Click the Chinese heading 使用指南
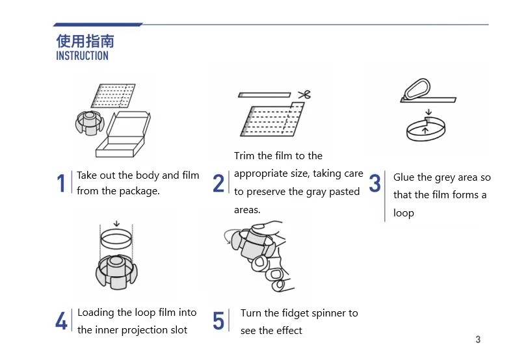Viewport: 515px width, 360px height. click(85, 42)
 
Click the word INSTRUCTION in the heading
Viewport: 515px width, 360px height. click(82, 56)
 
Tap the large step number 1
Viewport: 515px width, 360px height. click(60, 183)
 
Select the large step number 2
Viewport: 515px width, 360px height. click(218, 183)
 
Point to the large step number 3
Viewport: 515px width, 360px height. click(375, 183)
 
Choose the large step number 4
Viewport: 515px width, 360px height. click(61, 320)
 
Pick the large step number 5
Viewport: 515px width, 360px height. click(218, 320)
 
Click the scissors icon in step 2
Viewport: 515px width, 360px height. click(304, 95)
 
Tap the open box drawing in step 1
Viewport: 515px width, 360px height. click(123, 135)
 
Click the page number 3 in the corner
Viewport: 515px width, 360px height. click(478, 339)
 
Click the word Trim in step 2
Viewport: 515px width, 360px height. click(244, 155)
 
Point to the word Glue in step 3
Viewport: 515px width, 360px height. click(404, 177)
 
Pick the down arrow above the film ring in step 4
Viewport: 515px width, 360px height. click(116, 224)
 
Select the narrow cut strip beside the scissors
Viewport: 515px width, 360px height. click(265, 95)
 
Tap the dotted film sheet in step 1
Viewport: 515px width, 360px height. click(113, 96)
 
